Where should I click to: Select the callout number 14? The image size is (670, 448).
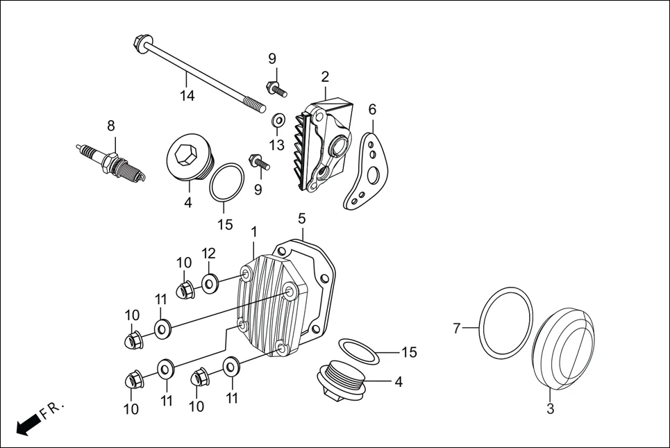(x=187, y=96)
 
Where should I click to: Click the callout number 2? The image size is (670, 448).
(x=325, y=76)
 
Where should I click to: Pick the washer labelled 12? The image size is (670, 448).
(x=210, y=283)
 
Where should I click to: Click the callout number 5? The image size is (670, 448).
(x=301, y=218)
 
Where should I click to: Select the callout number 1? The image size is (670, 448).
(x=254, y=231)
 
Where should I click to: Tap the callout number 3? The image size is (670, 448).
(x=550, y=409)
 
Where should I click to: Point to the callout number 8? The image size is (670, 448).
(x=110, y=126)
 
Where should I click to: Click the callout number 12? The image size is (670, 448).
(x=210, y=252)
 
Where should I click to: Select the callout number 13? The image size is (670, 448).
(x=276, y=144)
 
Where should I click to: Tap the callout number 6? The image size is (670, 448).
(x=372, y=109)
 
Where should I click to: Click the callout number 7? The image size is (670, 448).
(x=456, y=328)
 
